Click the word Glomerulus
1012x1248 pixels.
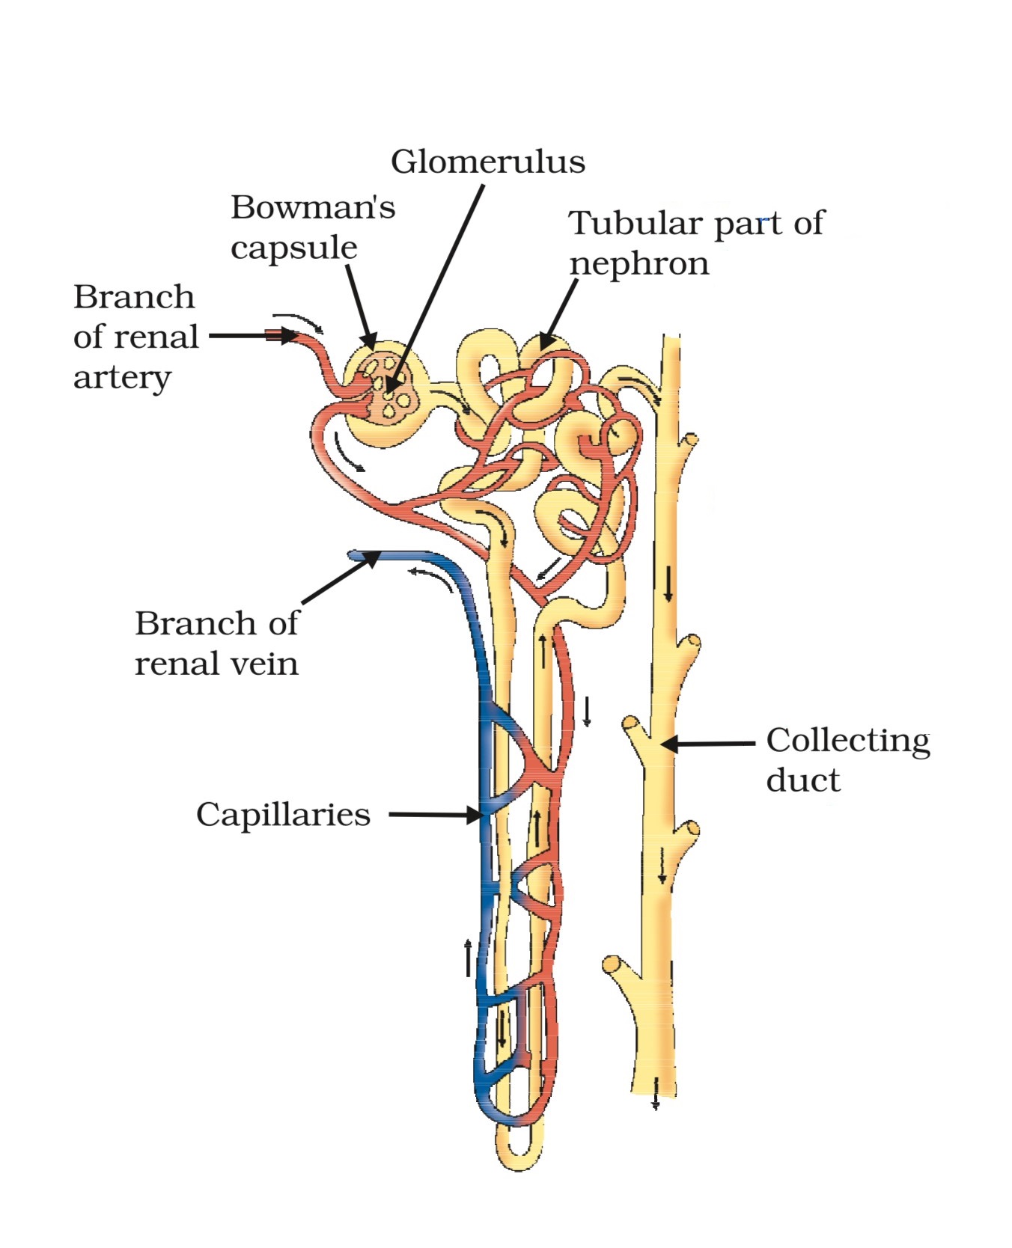point(487,162)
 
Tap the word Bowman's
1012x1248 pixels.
point(312,207)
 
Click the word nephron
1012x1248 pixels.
point(638,263)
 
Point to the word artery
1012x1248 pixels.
point(122,377)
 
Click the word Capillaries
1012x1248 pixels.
point(283,814)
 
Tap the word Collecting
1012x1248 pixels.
point(847,740)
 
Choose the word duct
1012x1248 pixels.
point(802,780)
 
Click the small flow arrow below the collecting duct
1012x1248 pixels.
point(656,1102)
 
